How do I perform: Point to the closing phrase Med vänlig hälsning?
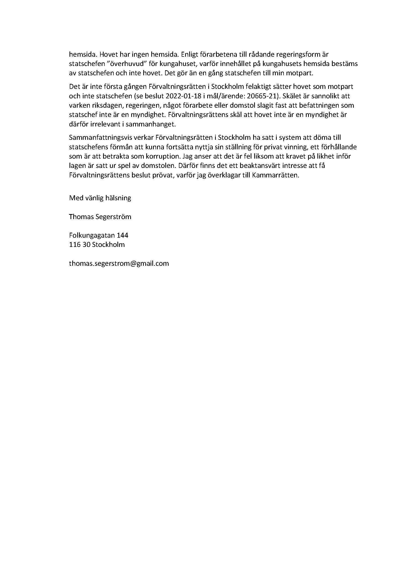pyautogui.click(x=100, y=198)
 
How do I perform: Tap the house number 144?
pyautogui.click(x=123, y=235)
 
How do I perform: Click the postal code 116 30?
pyautogui.click(x=80, y=244)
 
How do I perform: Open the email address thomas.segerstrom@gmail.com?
pyautogui.click(x=119, y=263)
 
